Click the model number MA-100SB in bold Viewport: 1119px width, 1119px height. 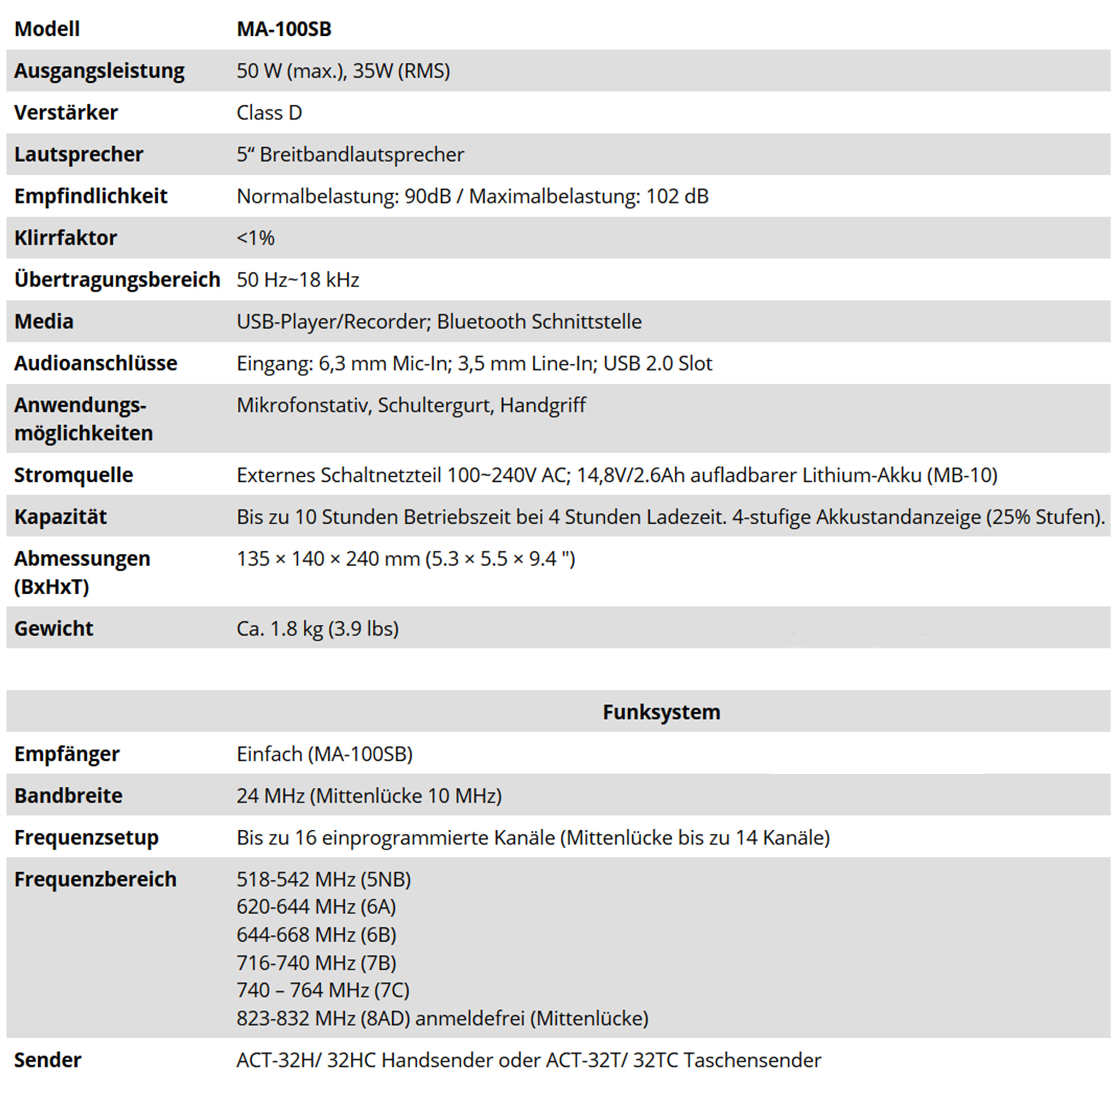point(284,29)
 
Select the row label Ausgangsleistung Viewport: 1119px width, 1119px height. point(99,70)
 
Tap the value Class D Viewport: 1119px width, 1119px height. point(269,112)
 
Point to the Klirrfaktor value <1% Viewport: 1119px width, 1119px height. point(256,238)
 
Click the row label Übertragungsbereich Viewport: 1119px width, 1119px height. point(117,280)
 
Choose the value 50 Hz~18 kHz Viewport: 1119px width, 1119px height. point(298,280)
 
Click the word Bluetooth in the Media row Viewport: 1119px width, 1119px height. point(481,322)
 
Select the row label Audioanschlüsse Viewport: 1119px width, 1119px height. point(96,363)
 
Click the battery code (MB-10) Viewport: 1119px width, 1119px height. point(962,475)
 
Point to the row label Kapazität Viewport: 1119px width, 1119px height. point(60,516)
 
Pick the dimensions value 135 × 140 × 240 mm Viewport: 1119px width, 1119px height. point(328,559)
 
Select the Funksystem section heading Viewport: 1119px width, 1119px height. point(661,712)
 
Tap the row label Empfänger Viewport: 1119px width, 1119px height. point(67,754)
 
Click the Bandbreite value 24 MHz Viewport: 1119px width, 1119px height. point(270,796)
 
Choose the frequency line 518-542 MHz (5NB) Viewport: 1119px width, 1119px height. point(324,879)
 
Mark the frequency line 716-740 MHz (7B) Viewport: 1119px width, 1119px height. point(316,962)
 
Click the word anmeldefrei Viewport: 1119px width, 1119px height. point(470,1018)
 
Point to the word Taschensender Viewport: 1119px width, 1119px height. point(753,1060)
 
